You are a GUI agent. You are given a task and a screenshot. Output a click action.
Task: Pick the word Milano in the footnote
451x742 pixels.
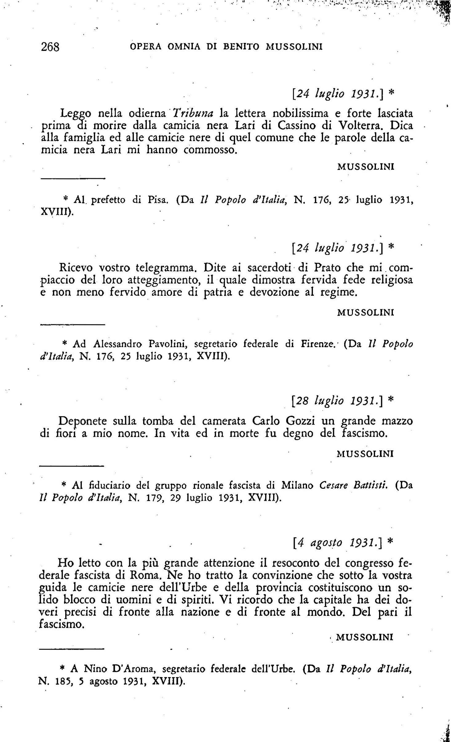[x=297, y=485]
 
